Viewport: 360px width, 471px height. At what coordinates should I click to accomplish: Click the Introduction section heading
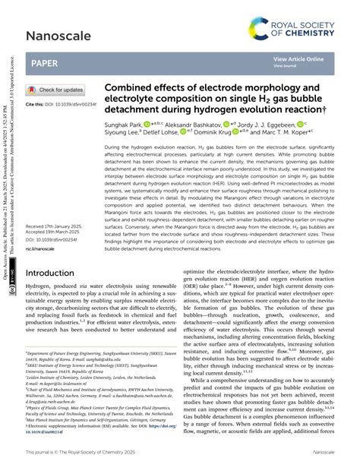(55, 273)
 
